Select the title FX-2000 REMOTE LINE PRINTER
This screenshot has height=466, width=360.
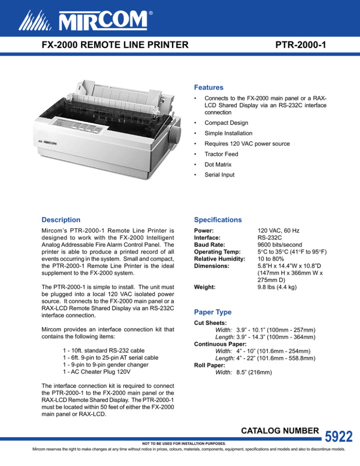point(115,45)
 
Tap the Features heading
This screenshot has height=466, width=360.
point(209,88)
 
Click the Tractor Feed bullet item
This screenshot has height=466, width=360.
point(221,154)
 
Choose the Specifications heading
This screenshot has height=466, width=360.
point(218,219)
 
